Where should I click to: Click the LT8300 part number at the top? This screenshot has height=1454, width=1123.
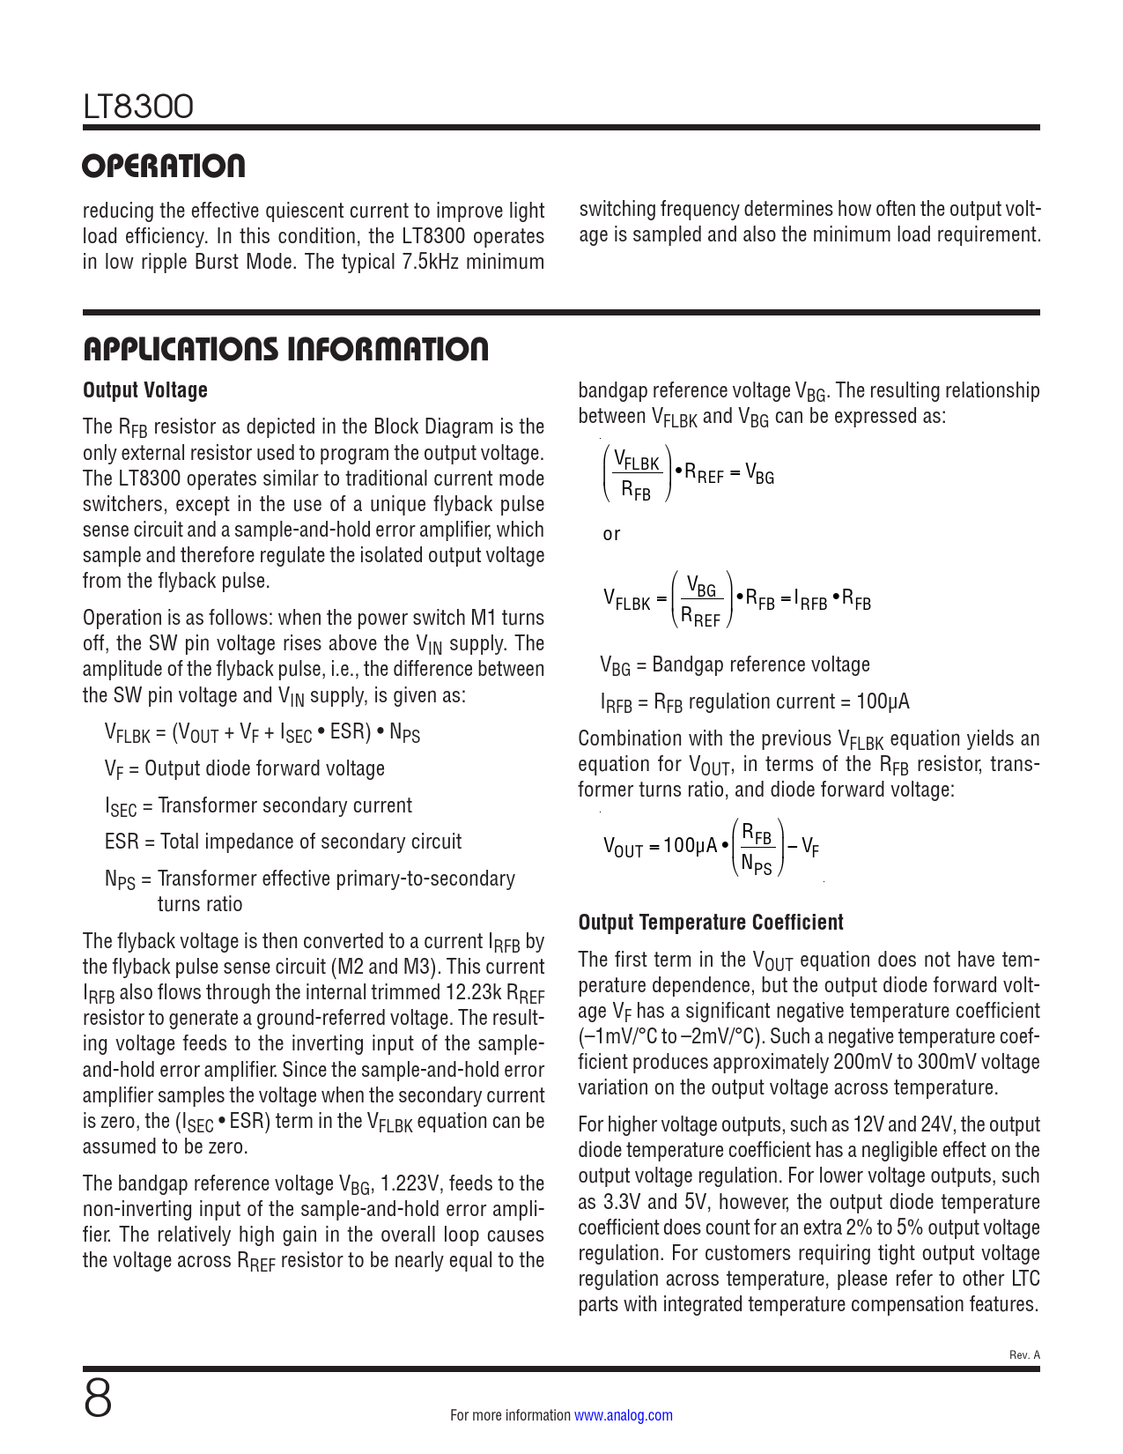click(x=138, y=108)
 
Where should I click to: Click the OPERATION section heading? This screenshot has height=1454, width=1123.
click(x=164, y=167)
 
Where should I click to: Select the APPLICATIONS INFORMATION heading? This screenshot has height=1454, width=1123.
click(x=285, y=349)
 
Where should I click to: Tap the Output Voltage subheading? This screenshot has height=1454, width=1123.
click(x=145, y=390)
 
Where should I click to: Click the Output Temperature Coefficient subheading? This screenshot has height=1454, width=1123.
click(x=711, y=923)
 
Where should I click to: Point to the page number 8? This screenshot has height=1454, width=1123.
click(x=98, y=1398)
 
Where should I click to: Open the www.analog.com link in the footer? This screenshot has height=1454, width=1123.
click(x=624, y=1415)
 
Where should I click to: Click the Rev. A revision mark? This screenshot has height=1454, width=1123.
click(x=1024, y=1354)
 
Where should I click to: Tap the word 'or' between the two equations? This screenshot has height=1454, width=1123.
click(x=611, y=534)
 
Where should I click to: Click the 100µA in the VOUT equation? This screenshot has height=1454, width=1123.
click(x=690, y=846)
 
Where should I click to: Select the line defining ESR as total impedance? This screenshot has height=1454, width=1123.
click(x=283, y=842)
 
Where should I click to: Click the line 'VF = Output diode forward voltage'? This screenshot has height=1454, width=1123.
click(x=244, y=768)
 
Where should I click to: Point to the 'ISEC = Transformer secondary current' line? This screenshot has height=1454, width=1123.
click(x=258, y=805)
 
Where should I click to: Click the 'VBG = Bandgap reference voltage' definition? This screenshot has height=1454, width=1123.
click(x=735, y=665)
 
